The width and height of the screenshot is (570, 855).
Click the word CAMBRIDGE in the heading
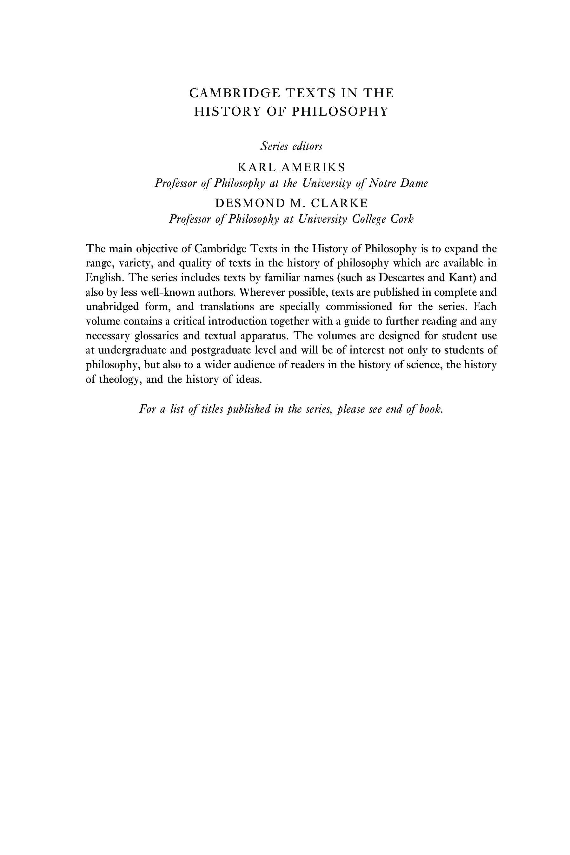pyautogui.click(x=235, y=93)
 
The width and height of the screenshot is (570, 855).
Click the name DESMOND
pyautogui.click(x=250, y=203)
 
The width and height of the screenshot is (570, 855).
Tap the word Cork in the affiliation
pyautogui.click(x=402, y=219)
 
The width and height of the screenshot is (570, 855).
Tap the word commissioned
pyautogui.click(x=359, y=307)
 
